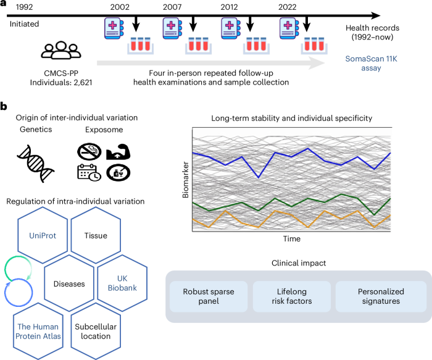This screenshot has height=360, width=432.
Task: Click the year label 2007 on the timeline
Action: (172, 7)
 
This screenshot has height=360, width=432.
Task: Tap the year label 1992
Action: (24, 7)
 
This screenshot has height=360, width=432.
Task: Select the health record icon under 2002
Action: (114, 28)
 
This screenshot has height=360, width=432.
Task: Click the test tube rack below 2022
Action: (314, 46)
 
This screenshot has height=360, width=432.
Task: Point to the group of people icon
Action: (61, 50)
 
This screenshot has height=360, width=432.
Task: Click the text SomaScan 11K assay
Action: (371, 64)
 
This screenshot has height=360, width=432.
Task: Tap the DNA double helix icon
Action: (36, 164)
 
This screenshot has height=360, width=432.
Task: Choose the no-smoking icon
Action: (89, 151)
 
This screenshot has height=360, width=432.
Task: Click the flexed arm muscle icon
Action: (118, 152)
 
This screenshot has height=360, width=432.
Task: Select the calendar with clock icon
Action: (89, 173)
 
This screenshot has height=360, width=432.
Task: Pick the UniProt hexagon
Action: (43, 235)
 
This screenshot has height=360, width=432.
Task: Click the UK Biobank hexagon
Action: (122, 283)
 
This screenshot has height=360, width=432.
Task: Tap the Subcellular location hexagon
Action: (96, 332)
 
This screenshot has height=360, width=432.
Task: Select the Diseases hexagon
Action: (69, 283)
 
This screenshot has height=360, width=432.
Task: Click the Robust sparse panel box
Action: (209, 296)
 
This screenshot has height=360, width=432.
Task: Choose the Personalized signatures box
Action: (381, 296)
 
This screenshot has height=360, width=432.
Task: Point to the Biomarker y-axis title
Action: (186, 180)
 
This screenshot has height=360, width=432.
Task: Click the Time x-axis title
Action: (292, 239)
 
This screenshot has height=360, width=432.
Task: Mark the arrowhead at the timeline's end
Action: (375, 15)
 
